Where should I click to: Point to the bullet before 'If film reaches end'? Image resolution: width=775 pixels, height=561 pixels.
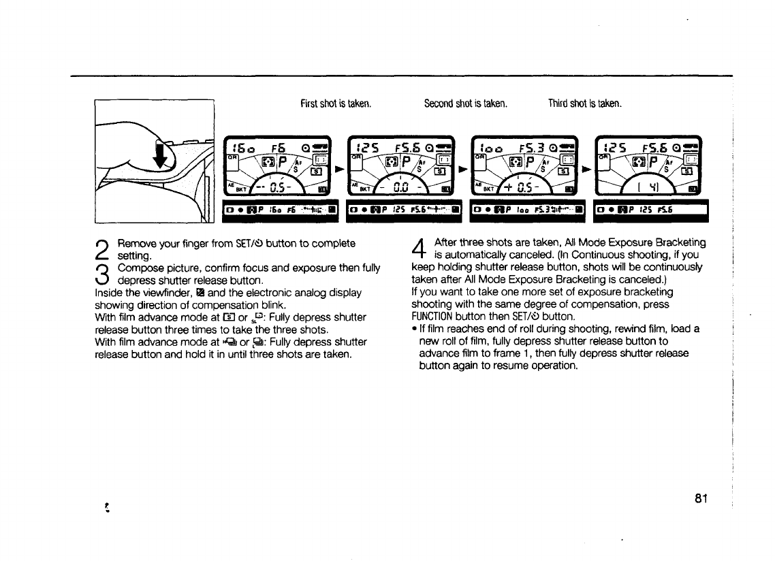click(415, 329)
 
